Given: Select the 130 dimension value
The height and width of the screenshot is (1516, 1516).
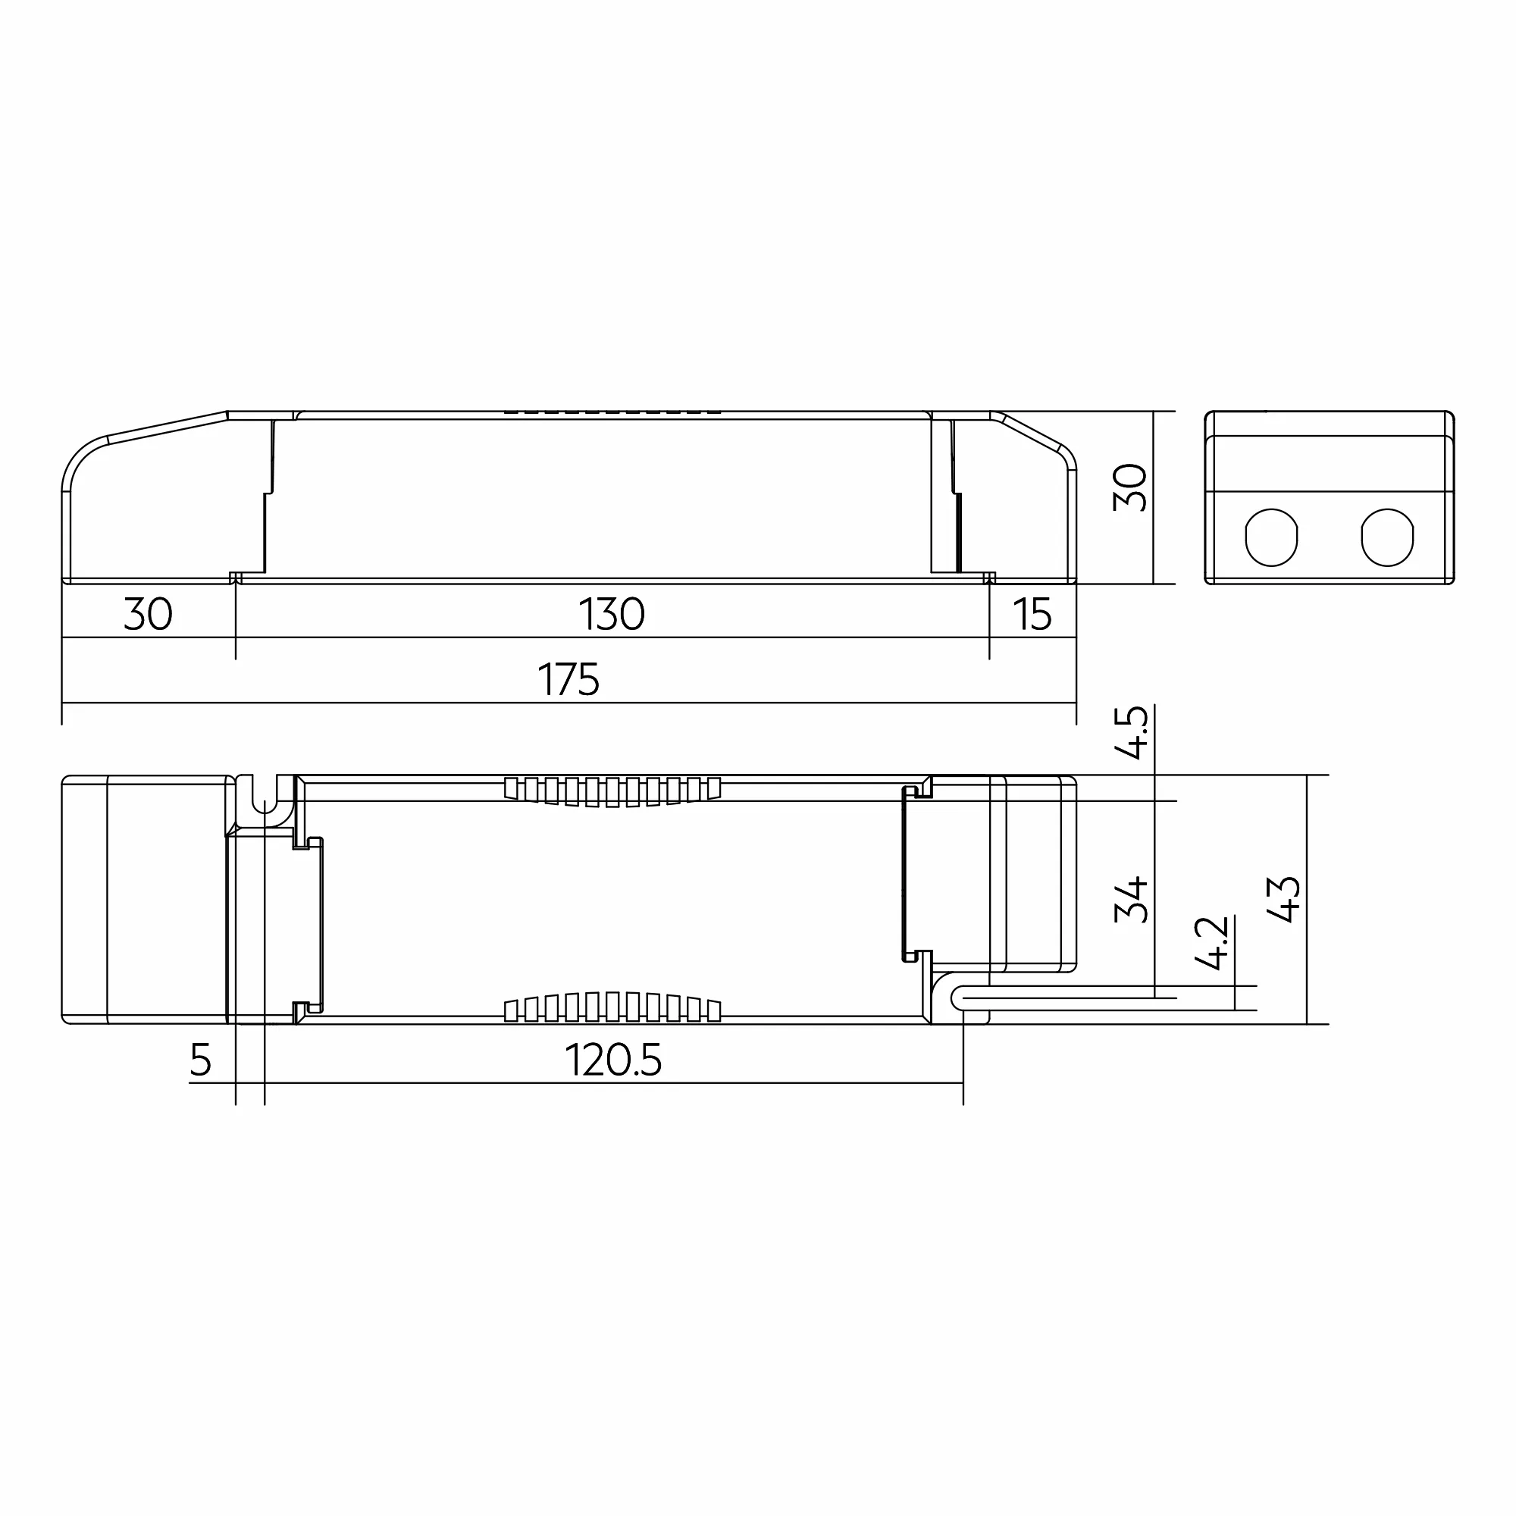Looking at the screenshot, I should point(611,615).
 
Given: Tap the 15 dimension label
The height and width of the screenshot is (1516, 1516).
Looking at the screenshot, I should point(1032,615).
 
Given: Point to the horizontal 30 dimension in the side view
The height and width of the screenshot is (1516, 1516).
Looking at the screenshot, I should point(149,615).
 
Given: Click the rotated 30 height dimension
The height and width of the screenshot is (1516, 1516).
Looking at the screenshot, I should point(1131,487).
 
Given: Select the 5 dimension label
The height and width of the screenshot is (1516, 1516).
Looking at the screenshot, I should point(201,1060).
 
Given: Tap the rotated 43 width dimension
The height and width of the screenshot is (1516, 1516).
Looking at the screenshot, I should point(1285,899).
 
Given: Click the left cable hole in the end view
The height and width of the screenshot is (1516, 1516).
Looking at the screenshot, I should point(1271,537).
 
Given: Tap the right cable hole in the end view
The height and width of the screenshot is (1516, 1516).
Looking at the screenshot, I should point(1386,537).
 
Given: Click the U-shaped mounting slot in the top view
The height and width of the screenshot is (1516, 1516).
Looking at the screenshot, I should point(265,799).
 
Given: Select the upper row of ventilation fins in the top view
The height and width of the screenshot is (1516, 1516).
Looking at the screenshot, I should point(612,791).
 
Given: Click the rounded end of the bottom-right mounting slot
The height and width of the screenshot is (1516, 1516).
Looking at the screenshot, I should point(957,999).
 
